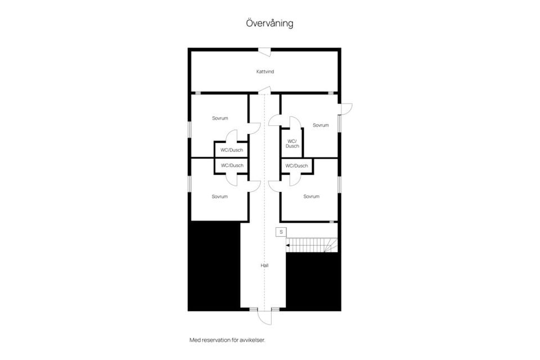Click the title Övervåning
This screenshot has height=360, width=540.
(x=269, y=24)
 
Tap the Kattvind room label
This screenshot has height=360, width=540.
(x=265, y=72)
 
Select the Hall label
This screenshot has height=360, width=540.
(x=264, y=265)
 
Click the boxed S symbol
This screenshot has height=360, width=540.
(x=281, y=232)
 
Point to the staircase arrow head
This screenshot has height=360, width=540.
(x=288, y=245)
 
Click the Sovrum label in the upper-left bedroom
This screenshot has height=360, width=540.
(x=220, y=118)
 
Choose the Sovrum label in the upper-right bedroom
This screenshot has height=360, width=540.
(x=321, y=125)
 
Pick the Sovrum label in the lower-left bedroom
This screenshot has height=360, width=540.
(x=220, y=196)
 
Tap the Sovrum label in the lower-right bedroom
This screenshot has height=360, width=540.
(x=311, y=196)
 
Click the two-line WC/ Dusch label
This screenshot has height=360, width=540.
(x=292, y=143)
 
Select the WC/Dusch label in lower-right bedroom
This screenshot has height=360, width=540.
(x=297, y=166)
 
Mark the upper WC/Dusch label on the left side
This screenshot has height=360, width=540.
(x=232, y=150)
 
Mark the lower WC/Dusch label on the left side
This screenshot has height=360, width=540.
(x=232, y=165)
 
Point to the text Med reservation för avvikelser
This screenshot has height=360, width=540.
(x=227, y=340)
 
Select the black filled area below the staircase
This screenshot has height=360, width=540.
(x=313, y=281)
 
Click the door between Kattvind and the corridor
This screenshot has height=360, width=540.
(x=267, y=89)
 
